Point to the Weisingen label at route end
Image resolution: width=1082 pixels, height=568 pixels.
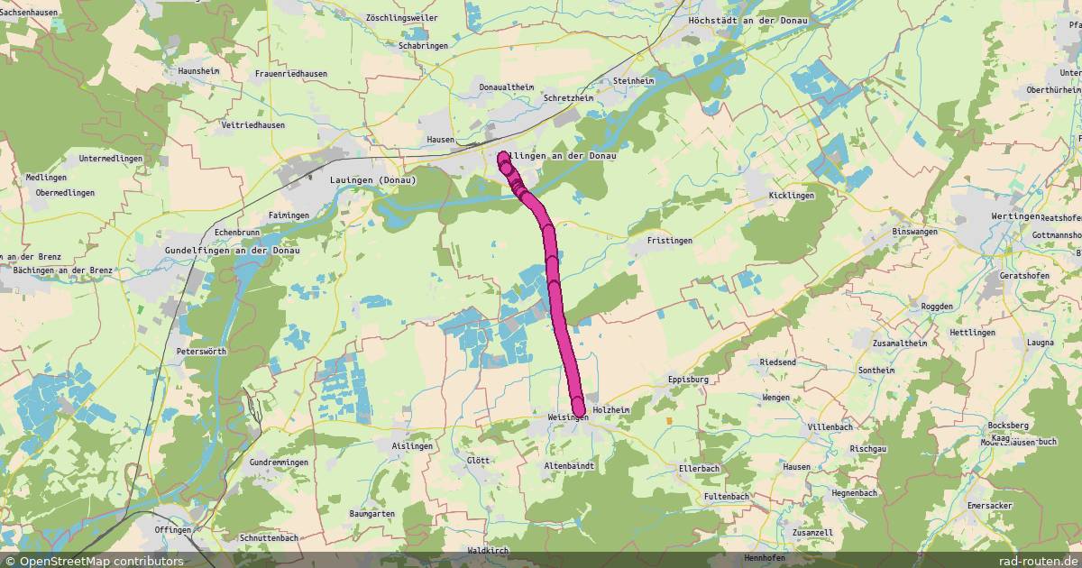567,417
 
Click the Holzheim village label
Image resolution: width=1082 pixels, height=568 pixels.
611,410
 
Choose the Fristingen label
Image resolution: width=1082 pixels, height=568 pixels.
670,241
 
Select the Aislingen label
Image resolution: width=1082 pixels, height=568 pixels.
413,446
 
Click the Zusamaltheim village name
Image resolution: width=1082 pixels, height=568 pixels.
901,344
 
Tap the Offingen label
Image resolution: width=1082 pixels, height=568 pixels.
173,529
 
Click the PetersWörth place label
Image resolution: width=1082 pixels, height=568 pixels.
201,351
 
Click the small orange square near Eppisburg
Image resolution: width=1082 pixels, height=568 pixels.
669,420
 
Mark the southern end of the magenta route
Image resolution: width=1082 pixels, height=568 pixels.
578,410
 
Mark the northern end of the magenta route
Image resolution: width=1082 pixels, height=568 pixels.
503,157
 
